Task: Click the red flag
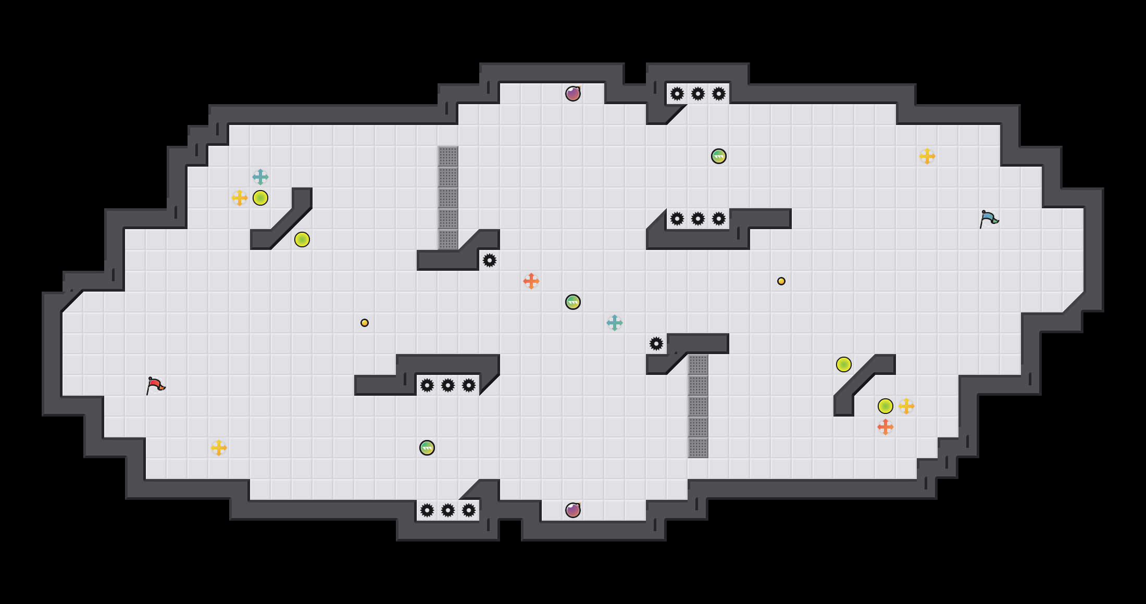coord(155,386)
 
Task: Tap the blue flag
coord(989,219)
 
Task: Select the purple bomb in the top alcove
coord(573,94)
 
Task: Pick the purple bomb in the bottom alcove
coord(573,510)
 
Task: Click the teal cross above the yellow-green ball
coord(260,177)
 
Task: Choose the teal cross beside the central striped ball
coord(615,323)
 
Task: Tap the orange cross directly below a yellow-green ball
coord(886,427)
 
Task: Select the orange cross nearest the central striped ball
coord(531,281)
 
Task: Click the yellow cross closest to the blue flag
coord(927,156)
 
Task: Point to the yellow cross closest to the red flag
coord(219,448)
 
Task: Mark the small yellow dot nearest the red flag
coord(365,323)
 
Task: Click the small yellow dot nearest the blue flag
coord(781,281)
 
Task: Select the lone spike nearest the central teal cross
coord(656,344)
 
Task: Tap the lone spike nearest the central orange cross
coord(490,260)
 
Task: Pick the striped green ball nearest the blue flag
coord(719,156)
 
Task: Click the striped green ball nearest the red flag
coord(427,448)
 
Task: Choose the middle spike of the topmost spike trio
coord(698,94)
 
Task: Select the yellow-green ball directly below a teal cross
coord(260,198)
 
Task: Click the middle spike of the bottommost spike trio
coord(448,510)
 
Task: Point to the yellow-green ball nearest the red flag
coord(302,240)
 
